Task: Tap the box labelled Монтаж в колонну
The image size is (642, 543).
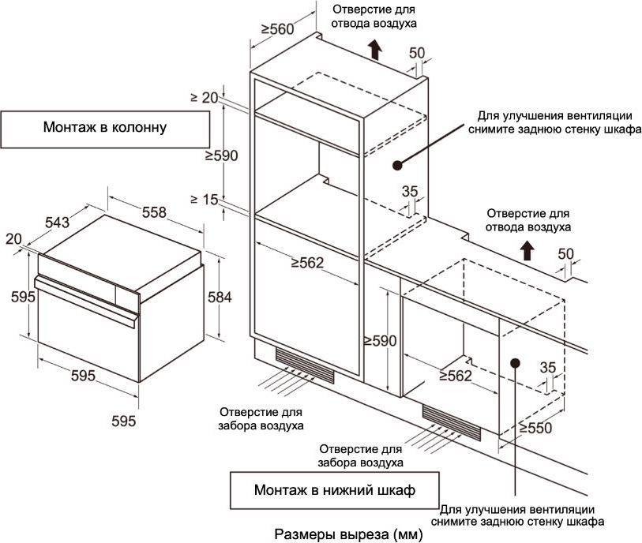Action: point(105,127)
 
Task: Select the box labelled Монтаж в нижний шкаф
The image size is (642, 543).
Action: point(334,490)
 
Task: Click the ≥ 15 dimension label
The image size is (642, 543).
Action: point(204,200)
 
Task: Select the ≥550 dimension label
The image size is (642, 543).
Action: point(535,428)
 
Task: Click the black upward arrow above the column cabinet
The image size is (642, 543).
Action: point(375,50)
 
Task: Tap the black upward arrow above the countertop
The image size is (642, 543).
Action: point(527,251)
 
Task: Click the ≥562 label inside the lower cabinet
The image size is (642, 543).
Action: point(456,375)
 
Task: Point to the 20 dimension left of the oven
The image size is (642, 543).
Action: point(13,239)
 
